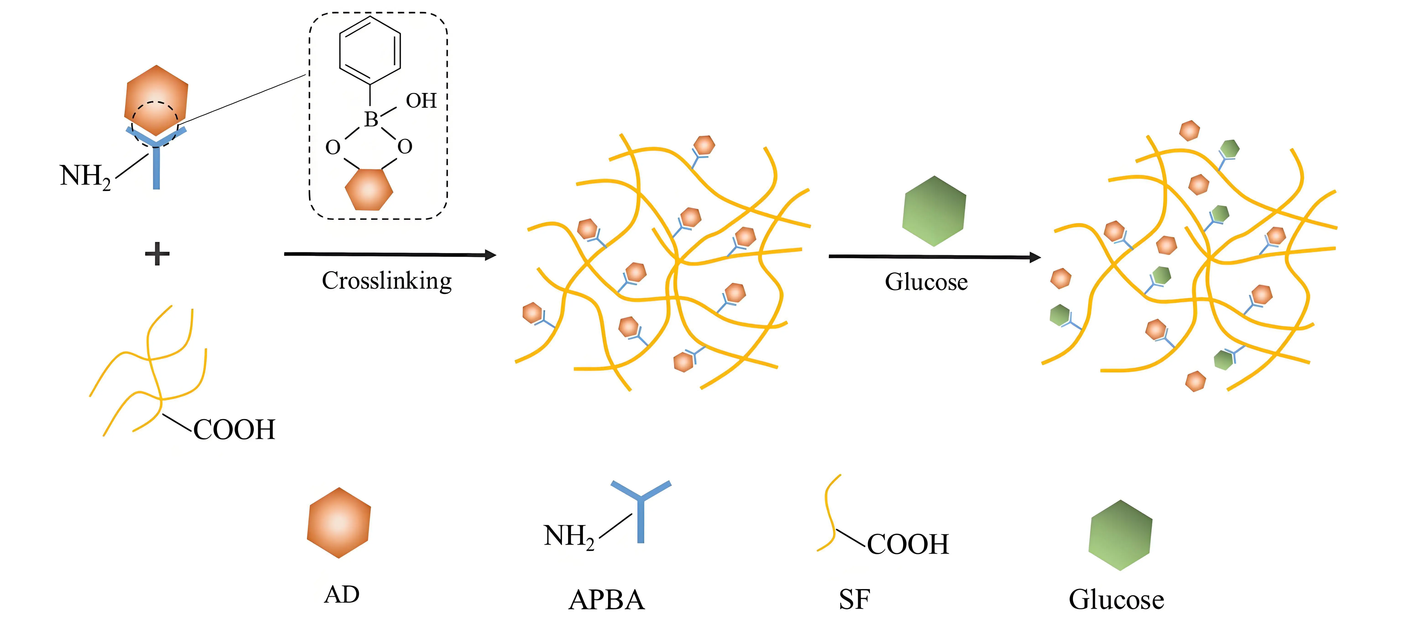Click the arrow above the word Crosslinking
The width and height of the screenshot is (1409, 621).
click(x=389, y=254)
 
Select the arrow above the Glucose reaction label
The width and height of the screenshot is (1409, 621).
click(x=934, y=257)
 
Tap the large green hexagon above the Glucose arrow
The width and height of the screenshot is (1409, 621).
click(x=934, y=211)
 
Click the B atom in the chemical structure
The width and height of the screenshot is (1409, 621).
click(x=371, y=119)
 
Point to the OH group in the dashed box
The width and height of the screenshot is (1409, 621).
click(x=421, y=101)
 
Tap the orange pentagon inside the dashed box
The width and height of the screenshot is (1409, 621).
click(x=369, y=189)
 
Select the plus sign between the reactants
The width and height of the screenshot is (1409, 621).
click(x=157, y=254)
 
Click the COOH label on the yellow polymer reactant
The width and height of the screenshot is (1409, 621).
click(x=234, y=430)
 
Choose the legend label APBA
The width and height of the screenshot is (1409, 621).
click(x=607, y=600)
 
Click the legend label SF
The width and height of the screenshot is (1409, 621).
click(x=854, y=600)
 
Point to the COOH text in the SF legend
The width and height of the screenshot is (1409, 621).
click(x=908, y=544)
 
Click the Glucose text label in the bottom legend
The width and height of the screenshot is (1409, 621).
click(x=1116, y=600)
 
